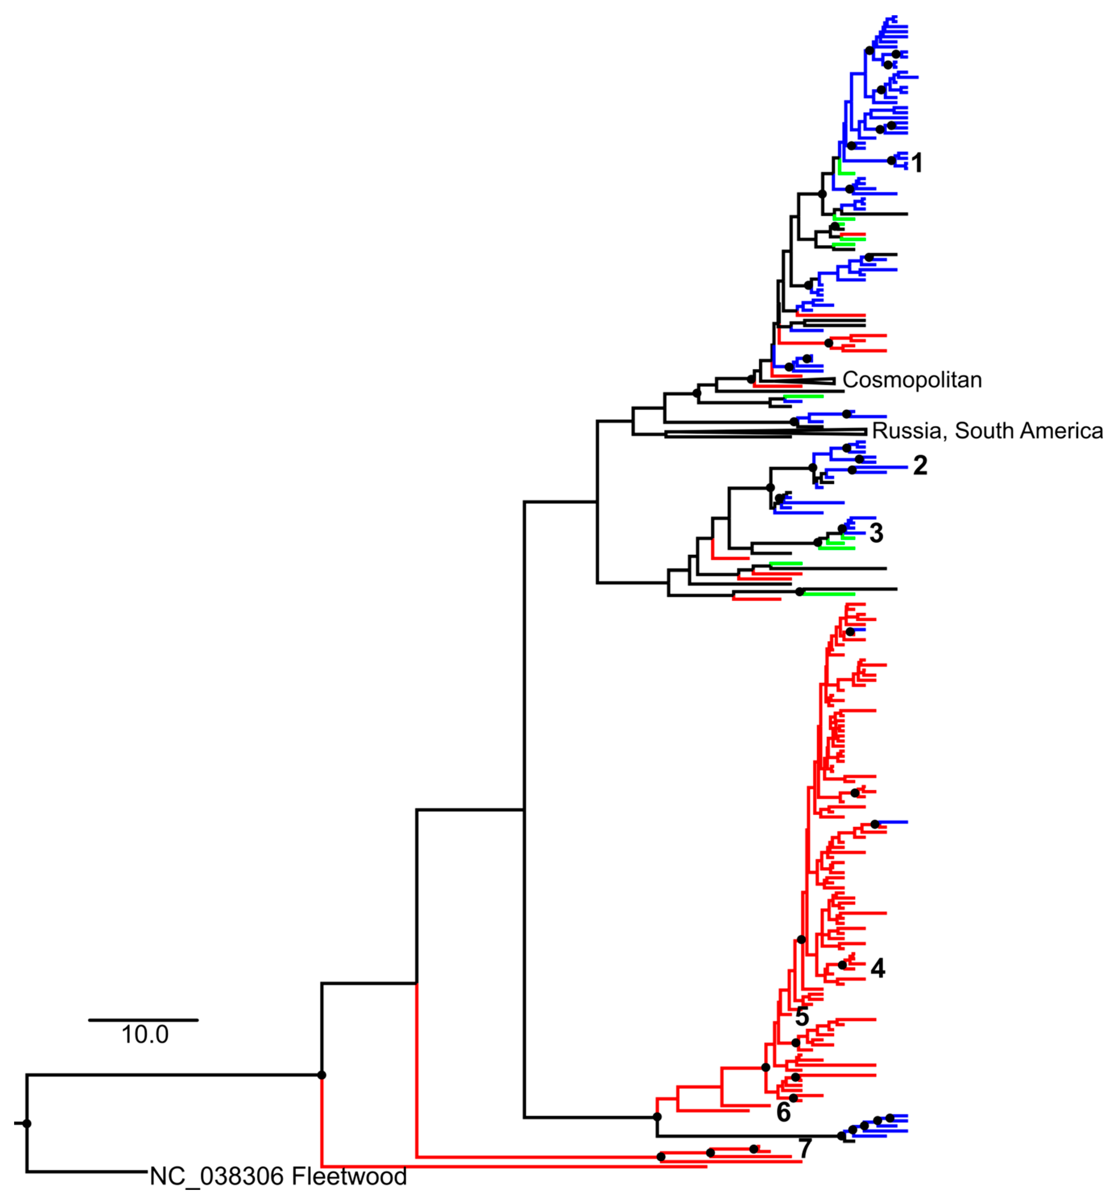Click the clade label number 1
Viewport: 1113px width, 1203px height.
pyautogui.click(x=917, y=163)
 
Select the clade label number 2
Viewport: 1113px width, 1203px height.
pyautogui.click(x=920, y=466)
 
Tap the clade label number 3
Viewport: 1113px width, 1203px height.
pyautogui.click(x=876, y=533)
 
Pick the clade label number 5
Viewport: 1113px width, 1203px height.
pyautogui.click(x=802, y=1016)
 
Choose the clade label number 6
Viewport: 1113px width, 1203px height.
pyautogui.click(x=783, y=1113)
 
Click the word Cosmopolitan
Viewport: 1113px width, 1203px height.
pyautogui.click(x=912, y=380)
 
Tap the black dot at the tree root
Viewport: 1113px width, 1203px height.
pyautogui.click(x=26, y=1123)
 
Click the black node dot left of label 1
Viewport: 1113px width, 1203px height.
pyautogui.click(x=891, y=161)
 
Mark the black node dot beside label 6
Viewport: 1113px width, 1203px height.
pyautogui.click(x=793, y=1098)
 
